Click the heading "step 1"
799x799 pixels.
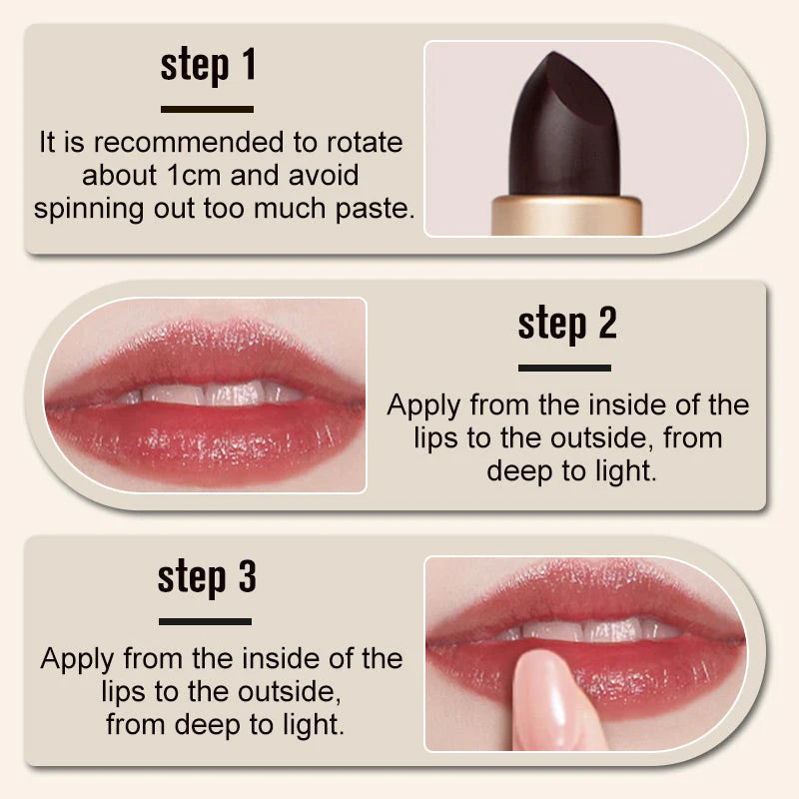click(208, 65)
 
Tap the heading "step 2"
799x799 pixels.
click(566, 323)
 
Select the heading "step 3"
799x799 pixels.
click(207, 577)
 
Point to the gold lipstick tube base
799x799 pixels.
click(566, 215)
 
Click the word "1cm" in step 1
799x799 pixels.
click(194, 175)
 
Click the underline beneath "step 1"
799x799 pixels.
click(208, 109)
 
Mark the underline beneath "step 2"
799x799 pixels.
click(565, 368)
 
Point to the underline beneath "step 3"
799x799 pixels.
click(206, 621)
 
